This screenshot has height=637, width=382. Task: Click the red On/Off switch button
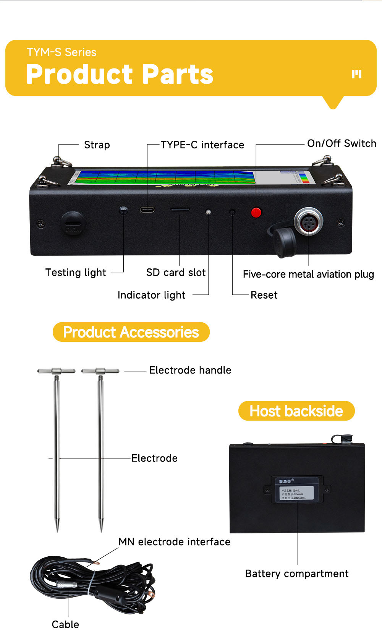point(256,212)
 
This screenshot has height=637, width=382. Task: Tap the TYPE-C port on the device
point(147,210)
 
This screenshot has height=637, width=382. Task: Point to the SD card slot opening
point(180,210)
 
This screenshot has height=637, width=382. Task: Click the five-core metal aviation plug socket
point(308,222)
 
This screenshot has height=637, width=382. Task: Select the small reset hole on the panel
point(232,212)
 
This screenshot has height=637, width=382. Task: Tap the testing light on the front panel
point(123,210)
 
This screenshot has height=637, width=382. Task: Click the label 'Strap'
point(97,145)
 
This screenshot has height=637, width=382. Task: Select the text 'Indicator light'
point(151,295)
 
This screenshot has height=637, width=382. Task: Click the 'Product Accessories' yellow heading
point(131,332)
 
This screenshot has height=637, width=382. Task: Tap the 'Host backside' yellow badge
point(296,411)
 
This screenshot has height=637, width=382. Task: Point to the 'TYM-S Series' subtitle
point(62,52)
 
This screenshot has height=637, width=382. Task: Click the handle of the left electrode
point(57,371)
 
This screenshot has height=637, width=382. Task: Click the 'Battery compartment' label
point(297,574)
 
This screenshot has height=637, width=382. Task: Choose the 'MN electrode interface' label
point(174,542)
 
